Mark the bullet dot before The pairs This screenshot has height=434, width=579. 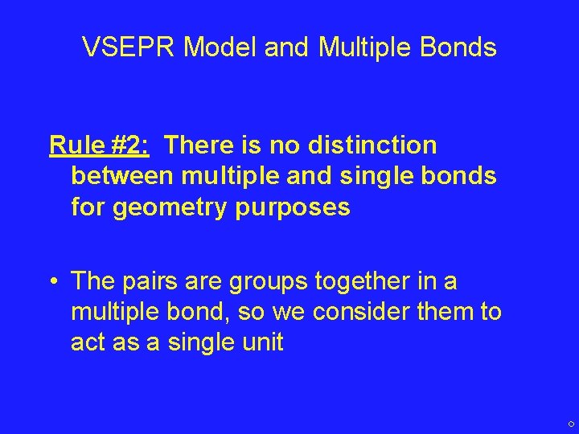point(52,282)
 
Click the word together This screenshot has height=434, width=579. point(371,281)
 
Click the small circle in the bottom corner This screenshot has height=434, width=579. point(570,424)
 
